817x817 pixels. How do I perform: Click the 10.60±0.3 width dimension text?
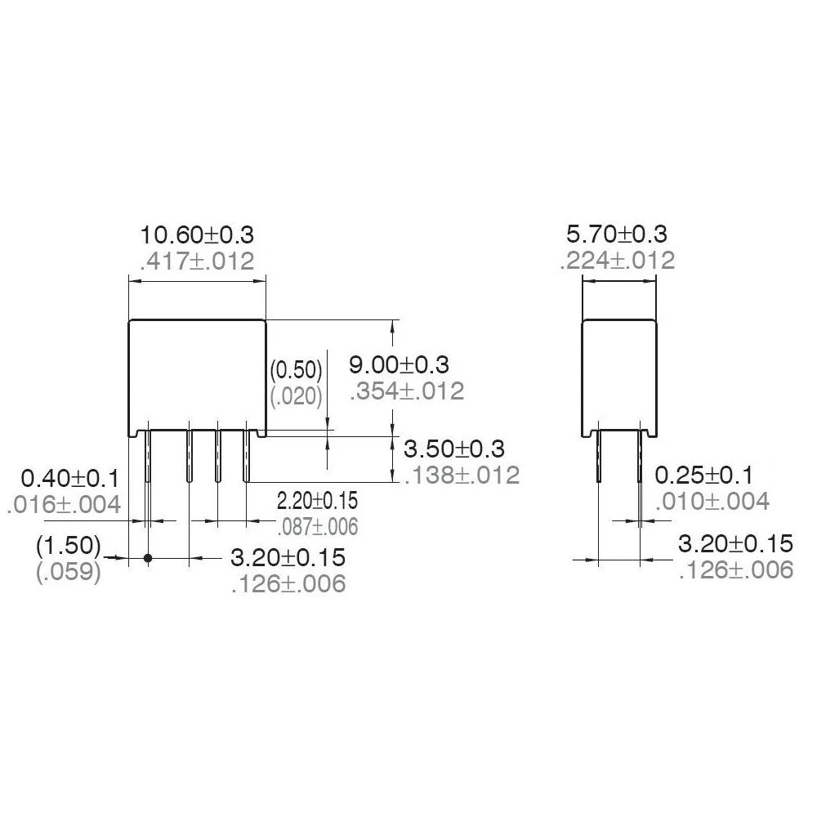pos(198,235)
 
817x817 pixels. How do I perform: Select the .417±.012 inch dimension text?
pos(198,261)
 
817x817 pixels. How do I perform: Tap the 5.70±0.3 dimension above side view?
pos(617,234)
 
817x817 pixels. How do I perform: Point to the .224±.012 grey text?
pos(618,261)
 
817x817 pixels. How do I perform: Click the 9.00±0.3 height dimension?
pos(410,364)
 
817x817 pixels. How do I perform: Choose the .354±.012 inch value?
pos(407,391)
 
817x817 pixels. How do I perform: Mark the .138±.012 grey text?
pos(462,475)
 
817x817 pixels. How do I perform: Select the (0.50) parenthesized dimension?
pos(297,370)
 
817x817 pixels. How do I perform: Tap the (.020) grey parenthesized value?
pos(297,396)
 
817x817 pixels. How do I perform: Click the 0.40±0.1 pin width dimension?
pos(71,477)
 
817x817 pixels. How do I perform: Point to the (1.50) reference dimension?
pos(69,545)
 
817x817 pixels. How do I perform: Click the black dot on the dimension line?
pos(148,558)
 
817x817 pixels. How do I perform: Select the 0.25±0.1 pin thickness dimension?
pos(705,475)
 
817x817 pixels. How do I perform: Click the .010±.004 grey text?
pos(712,501)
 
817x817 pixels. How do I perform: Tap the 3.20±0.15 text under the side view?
pos(736,543)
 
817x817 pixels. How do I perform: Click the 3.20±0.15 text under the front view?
pos(288,558)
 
